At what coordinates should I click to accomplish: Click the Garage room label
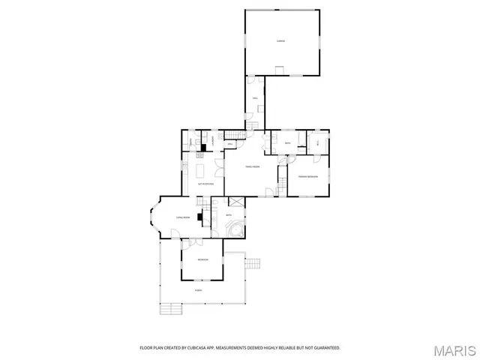coord(280,40)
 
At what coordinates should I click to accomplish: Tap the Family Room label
coord(252,166)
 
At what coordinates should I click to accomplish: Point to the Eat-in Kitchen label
coord(205,183)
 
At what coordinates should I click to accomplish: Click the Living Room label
coord(182,217)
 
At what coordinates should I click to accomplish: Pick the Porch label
coord(199,290)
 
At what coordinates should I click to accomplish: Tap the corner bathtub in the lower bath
coord(237,229)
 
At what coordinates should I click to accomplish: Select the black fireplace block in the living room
coord(200,218)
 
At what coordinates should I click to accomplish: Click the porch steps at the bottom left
coord(172,307)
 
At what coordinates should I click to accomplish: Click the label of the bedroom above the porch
coord(202,259)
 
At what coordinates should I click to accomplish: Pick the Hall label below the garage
coord(255,98)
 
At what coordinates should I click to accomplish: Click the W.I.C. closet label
coord(318,142)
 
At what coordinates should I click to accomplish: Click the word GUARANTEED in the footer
coord(325,348)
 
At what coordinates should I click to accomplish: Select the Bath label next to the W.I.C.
coord(287,142)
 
